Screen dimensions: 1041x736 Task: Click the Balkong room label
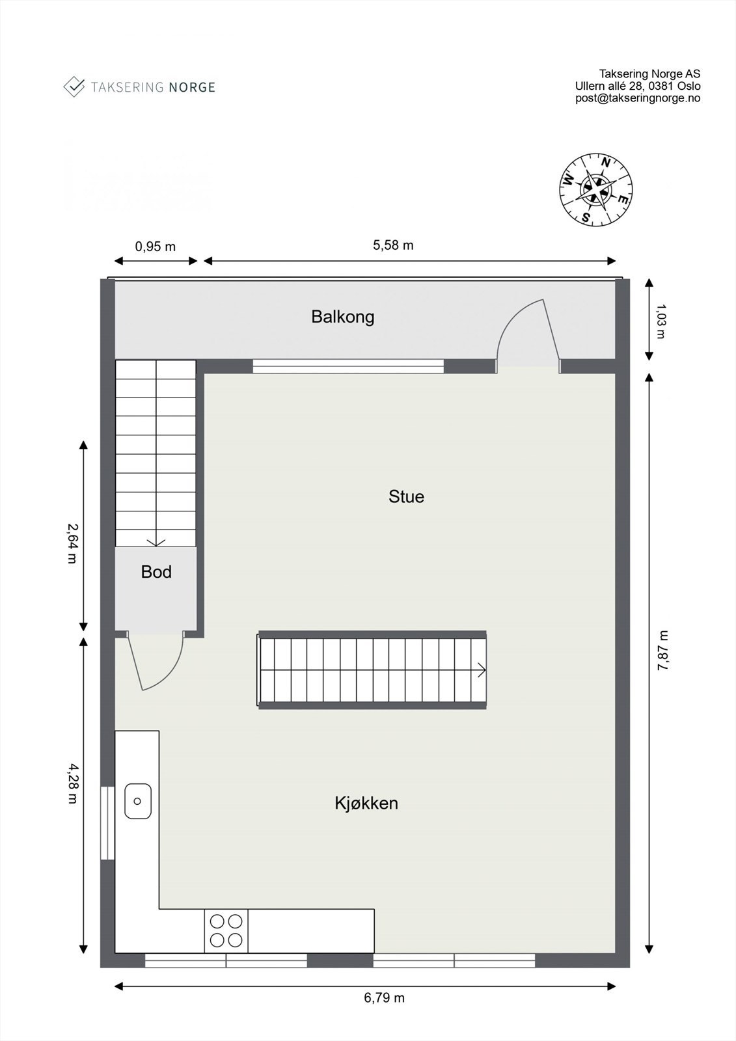(x=342, y=317)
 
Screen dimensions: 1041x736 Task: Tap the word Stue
(x=406, y=496)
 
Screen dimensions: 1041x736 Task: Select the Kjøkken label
(x=366, y=803)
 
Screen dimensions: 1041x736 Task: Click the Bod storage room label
(x=156, y=572)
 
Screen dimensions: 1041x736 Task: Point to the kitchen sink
(x=137, y=801)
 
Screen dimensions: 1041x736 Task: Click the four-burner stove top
(x=226, y=930)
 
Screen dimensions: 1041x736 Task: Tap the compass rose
(x=596, y=189)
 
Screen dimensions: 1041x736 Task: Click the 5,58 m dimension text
(x=393, y=245)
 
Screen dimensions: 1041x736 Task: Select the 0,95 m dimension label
(x=155, y=247)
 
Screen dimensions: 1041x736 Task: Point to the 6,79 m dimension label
(x=384, y=997)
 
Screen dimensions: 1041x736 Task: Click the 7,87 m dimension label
(x=662, y=651)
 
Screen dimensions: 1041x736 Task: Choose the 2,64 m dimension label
(x=72, y=543)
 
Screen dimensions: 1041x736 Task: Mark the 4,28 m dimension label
(x=72, y=783)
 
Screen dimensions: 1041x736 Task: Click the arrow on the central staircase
(x=482, y=669)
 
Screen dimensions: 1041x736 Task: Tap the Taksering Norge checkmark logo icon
(x=74, y=87)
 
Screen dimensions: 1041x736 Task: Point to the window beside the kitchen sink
(x=106, y=823)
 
